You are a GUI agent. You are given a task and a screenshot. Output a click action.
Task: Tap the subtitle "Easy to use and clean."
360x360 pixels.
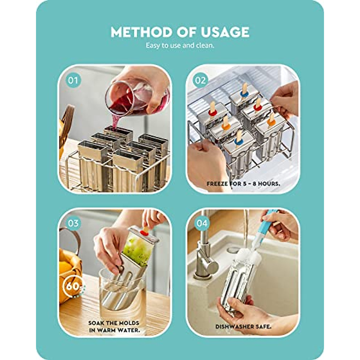180,46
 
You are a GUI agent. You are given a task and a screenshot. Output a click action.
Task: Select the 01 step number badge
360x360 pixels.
73,80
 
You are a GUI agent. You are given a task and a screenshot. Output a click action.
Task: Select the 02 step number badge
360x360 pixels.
200,80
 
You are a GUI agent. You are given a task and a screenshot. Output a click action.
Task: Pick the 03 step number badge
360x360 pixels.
73,223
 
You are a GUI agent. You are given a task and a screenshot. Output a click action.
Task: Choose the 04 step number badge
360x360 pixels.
202,223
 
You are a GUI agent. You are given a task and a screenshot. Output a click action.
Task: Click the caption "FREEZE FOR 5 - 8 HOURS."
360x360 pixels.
243,184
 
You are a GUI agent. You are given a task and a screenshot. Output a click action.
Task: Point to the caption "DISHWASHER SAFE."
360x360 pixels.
243,326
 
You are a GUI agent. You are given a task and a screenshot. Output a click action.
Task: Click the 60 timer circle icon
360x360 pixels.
73,286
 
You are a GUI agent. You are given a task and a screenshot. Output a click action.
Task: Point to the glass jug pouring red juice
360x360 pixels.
135,93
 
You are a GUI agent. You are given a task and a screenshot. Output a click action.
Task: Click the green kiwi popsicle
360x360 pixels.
136,250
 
